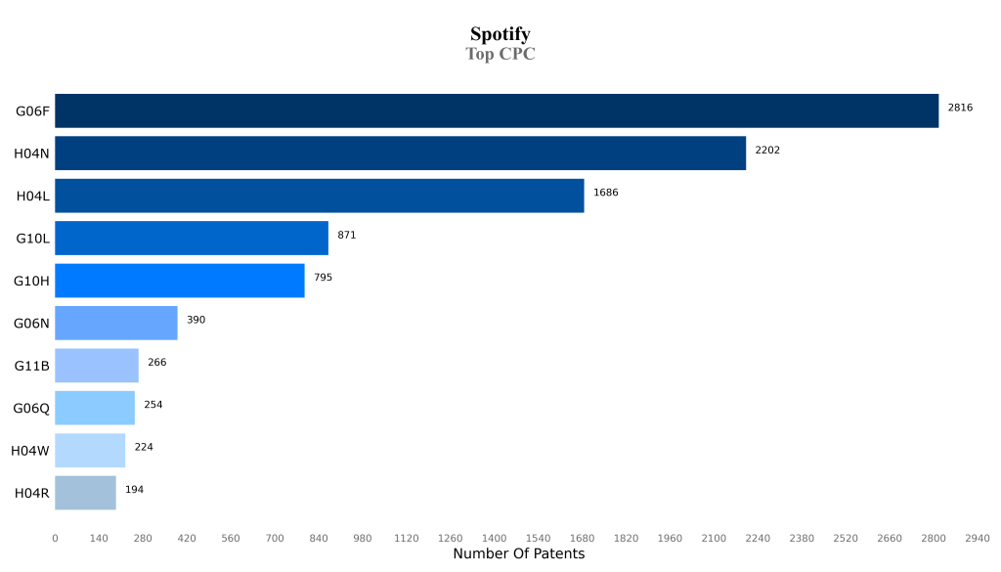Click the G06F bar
click(497, 110)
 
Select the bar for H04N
click(400, 154)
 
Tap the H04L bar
click(319, 196)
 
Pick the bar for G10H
click(179, 281)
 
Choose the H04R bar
click(85, 493)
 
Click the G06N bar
click(115, 323)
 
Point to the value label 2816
click(960, 108)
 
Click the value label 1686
click(605, 193)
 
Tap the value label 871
click(347, 235)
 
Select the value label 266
click(156, 362)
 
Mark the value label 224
click(144, 447)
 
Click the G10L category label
click(32, 239)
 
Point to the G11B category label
click(31, 366)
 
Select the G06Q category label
click(31, 408)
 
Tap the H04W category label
click(30, 451)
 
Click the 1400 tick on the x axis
click(494, 538)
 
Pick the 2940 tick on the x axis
click(978, 538)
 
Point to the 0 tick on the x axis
click(55, 538)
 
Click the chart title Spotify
click(500, 34)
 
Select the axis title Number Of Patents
click(518, 554)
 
